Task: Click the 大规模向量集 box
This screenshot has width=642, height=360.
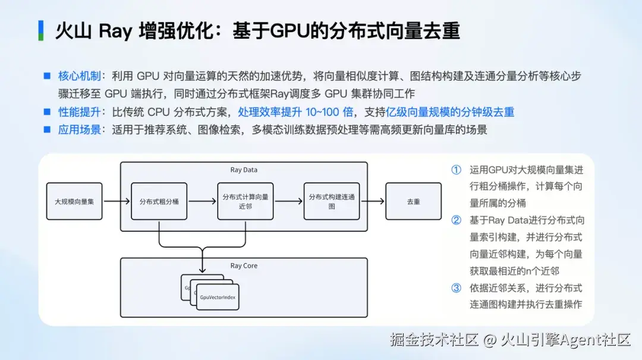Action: pyautogui.click(x=74, y=201)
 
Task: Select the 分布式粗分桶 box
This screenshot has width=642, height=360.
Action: pyautogui.click(x=159, y=201)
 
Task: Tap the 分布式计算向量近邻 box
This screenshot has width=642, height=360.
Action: pyautogui.click(x=246, y=201)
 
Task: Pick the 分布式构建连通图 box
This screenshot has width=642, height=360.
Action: pyautogui.click(x=332, y=201)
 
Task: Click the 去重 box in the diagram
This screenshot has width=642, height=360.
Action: pyautogui.click(x=414, y=201)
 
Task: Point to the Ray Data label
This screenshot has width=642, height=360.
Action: pyautogui.click(x=244, y=170)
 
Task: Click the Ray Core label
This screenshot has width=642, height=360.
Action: pyautogui.click(x=244, y=266)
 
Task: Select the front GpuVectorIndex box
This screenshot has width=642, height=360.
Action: pyautogui.click(x=218, y=298)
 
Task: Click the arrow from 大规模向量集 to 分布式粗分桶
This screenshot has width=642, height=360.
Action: pyautogui.click(x=117, y=201)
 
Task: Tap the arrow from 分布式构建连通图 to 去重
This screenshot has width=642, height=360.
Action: pyautogui.click(x=373, y=201)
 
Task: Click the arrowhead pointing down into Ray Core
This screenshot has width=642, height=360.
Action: pyautogui.click(x=202, y=270)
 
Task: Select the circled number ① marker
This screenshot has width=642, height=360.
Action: pyautogui.click(x=456, y=170)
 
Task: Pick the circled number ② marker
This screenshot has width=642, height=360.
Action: pyautogui.click(x=456, y=220)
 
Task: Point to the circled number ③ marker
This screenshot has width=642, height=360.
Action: pyautogui.click(x=456, y=288)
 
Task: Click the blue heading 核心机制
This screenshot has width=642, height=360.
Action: pyautogui.click(x=80, y=76)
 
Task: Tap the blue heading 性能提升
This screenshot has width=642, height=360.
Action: pyautogui.click(x=80, y=112)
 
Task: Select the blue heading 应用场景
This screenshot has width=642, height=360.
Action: pyautogui.click(x=80, y=130)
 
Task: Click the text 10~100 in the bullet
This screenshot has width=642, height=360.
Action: pyautogui.click(x=323, y=112)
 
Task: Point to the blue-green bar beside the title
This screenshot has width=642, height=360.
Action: pyautogui.click(x=41, y=31)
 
